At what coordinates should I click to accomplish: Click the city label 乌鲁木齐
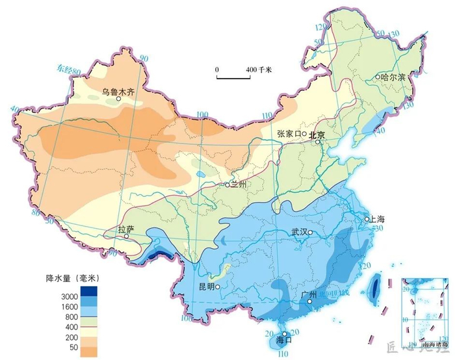pos(118,92)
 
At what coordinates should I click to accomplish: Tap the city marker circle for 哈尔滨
pos(377,77)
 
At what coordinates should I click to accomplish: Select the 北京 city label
pos(317,135)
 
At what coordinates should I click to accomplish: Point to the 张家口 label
pos(289,134)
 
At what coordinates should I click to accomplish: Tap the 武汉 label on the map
pos(300,232)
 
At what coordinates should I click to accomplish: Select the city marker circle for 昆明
pos(218,287)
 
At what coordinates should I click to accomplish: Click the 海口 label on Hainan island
pos(284,339)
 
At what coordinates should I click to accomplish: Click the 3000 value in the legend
pos(70,297)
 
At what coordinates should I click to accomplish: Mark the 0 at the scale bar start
pos(217,69)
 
